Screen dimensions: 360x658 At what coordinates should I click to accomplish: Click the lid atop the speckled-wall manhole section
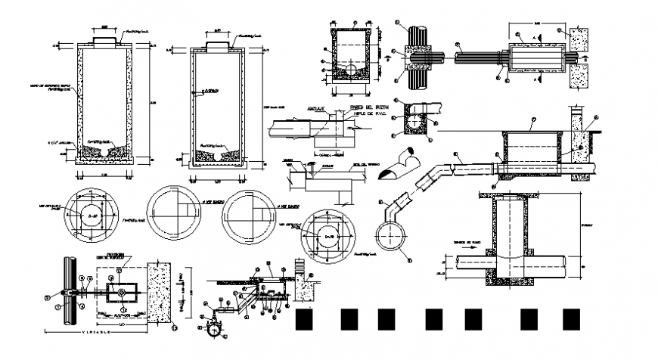pos(104,36)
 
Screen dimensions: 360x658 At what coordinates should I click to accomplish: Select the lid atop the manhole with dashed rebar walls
pos(217,45)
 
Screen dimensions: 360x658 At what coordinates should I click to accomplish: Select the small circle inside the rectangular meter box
pos(119,290)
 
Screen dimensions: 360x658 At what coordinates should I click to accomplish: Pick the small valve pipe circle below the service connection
pos(214,331)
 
